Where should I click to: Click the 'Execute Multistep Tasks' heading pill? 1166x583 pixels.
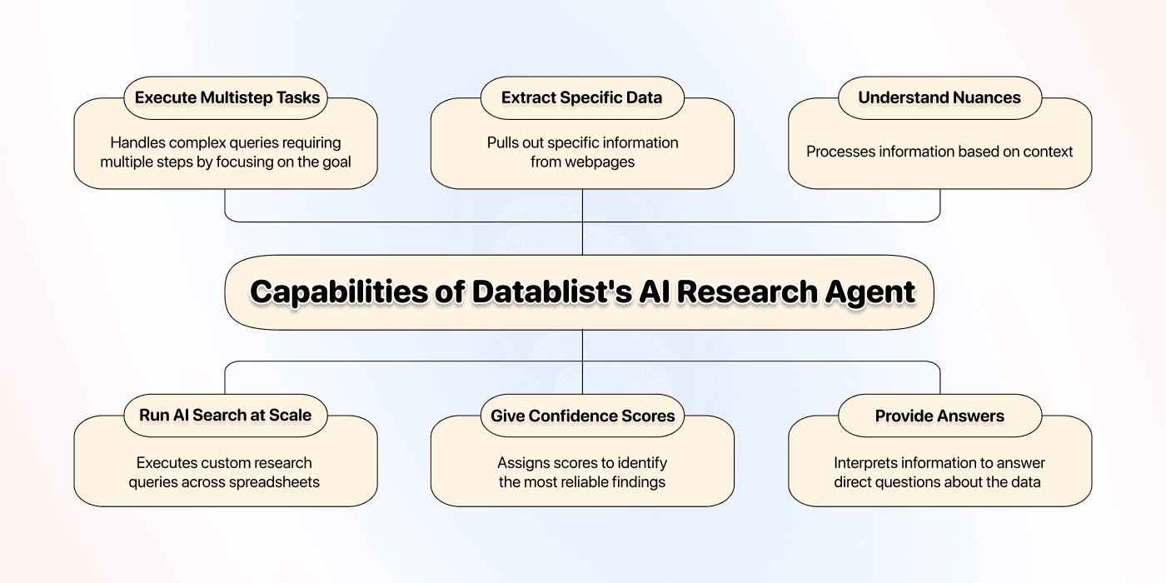pos(227,97)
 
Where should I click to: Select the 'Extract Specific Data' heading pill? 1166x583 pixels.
pos(582,97)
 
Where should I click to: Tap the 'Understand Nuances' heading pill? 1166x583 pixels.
pos(939,97)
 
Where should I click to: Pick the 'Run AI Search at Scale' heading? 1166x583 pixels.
pos(226,415)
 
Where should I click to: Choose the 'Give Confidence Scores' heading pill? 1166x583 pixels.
pos(582,415)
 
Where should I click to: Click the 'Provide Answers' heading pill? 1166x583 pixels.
pos(939,415)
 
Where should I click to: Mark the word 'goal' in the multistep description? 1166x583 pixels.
pos(335,162)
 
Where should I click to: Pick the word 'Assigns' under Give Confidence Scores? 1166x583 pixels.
pos(523,463)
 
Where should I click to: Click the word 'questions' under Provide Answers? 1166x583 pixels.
pos(914,481)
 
